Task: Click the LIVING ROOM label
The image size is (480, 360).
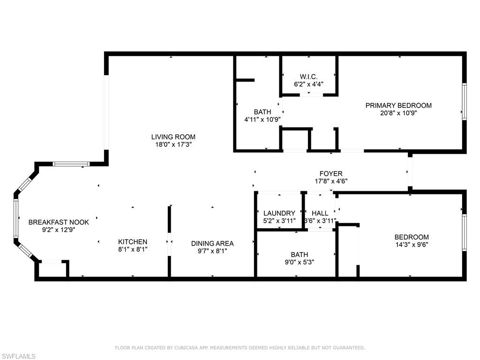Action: (173, 137)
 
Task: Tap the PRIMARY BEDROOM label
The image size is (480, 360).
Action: (398, 105)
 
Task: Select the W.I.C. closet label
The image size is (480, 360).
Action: (308, 76)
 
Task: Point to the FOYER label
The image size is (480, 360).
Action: (331, 173)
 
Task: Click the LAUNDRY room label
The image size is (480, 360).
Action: (279, 213)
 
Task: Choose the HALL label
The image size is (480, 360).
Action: (320, 213)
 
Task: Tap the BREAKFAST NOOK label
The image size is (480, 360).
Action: (59, 222)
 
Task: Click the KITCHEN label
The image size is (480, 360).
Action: (133, 242)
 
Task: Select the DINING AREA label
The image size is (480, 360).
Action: (212, 243)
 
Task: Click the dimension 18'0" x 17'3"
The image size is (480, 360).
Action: (173, 144)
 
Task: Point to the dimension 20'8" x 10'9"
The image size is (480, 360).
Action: (398, 113)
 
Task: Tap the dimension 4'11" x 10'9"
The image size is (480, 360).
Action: (262, 120)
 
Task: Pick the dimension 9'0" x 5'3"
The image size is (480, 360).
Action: (300, 262)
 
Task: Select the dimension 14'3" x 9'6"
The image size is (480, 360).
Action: (412, 245)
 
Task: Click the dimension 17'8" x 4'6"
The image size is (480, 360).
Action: (331, 181)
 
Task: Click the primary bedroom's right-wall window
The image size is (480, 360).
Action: (465, 102)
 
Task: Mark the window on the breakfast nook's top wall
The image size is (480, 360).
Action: (71, 164)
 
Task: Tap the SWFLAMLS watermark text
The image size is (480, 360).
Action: (18, 356)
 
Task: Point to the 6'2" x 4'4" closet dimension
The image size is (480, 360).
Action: (308, 84)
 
